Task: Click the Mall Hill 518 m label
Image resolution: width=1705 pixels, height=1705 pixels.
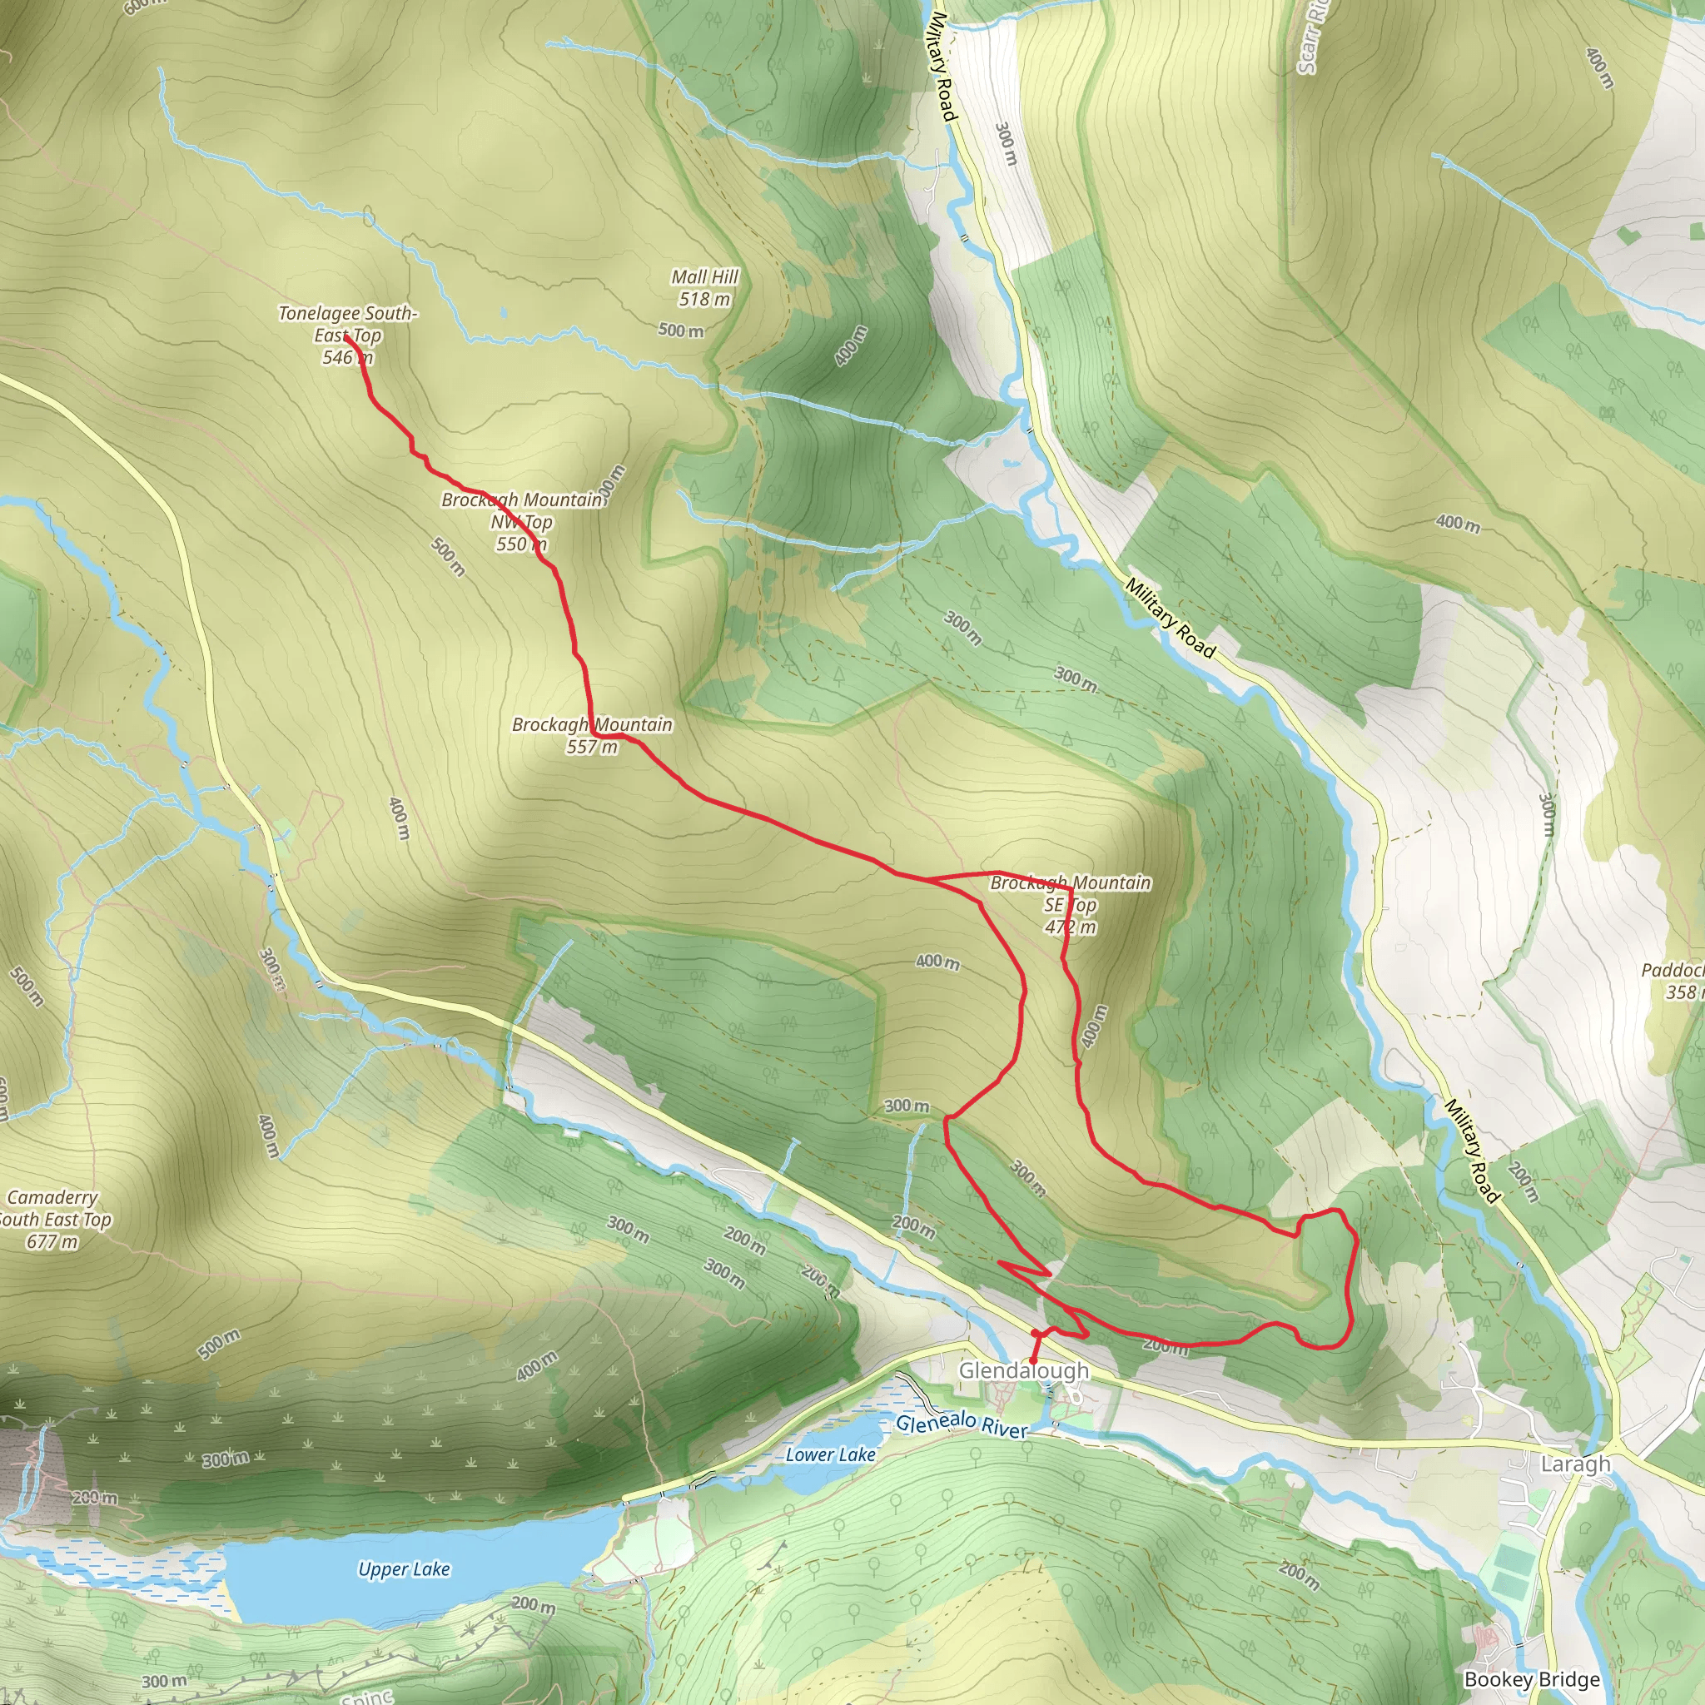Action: pos(704,288)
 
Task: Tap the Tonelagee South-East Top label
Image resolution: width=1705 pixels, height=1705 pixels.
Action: pos(348,335)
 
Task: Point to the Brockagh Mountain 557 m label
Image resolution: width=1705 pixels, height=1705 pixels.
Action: pos(592,735)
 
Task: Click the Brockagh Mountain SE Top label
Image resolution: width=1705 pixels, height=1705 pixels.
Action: pos(1071,905)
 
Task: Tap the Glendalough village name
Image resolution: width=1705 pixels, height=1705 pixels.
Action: pos(1024,1370)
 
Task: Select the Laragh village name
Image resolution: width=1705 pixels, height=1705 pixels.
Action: pos(1575,1464)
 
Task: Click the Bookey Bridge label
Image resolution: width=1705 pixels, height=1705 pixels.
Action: pos(1531,1679)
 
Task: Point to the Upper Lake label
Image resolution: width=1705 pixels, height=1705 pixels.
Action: pos(404,1569)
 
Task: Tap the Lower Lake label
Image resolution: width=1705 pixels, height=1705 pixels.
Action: pos(830,1454)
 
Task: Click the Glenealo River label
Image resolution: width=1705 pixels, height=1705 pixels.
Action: pos(962,1424)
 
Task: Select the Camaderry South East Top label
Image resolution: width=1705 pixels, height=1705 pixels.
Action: pos(53,1220)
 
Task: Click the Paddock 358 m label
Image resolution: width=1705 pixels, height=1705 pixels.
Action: pos(1675,981)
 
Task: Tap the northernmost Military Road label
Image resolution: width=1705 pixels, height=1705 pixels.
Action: pos(942,67)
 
